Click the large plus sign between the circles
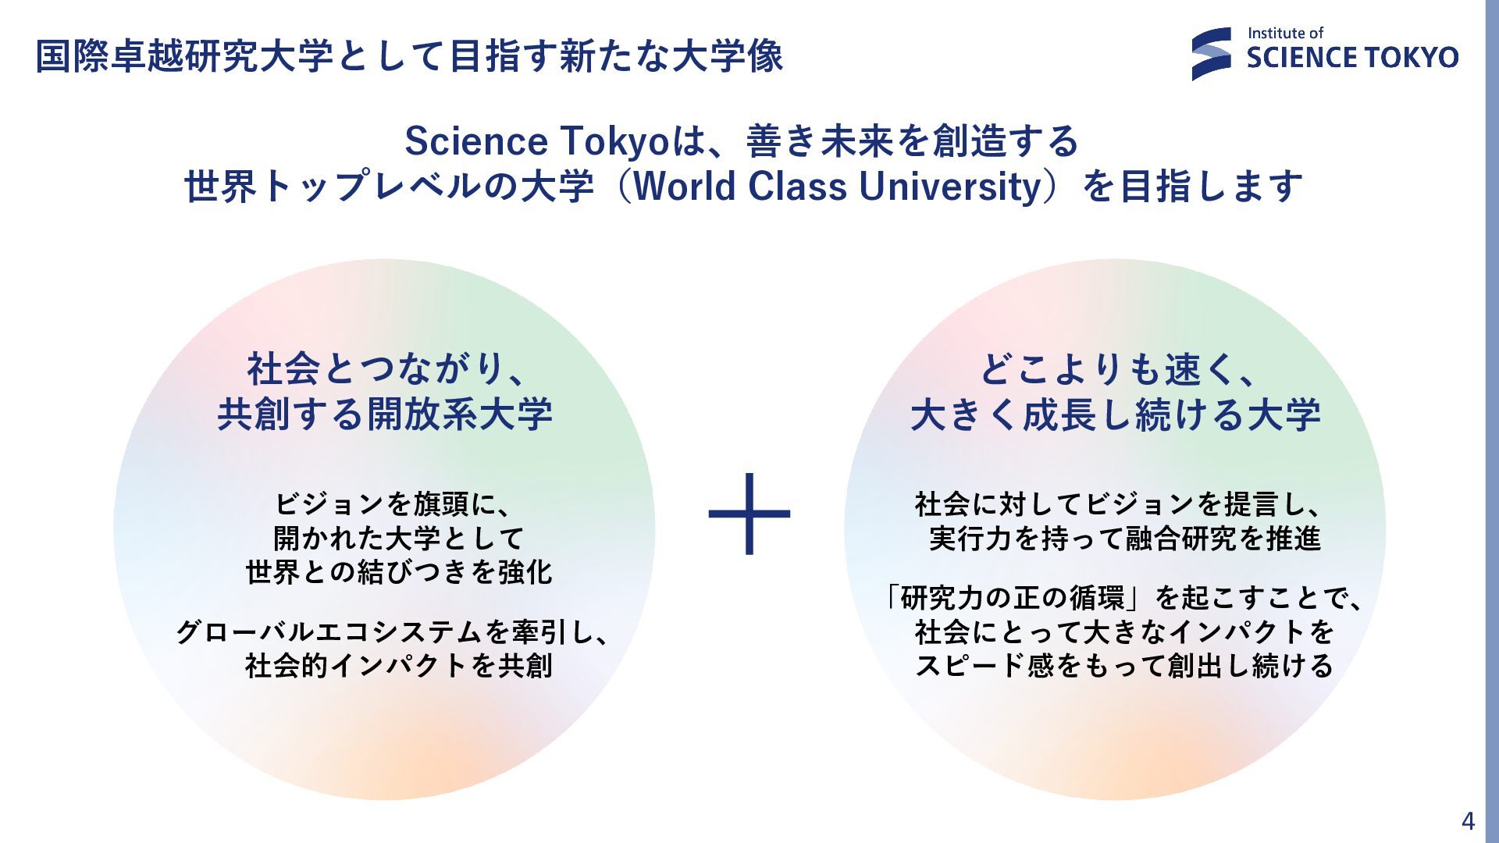coord(749,514)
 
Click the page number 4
coord(1468,821)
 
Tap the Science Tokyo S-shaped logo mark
coord(1212,54)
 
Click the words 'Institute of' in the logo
coord(1285,33)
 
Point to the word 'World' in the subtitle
coord(685,187)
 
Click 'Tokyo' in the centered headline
coord(616,142)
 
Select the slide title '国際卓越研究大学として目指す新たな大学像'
coord(410,56)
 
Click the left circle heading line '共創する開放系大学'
coord(385,414)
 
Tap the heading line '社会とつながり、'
coord(386,368)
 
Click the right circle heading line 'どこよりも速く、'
coord(1117,368)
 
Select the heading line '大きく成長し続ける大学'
coord(1116,414)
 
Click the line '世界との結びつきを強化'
coord(399,572)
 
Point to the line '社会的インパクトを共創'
coord(399,665)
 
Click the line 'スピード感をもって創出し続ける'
coord(1124,665)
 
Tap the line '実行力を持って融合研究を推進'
coord(1124,538)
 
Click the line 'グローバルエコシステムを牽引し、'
coord(393,631)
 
